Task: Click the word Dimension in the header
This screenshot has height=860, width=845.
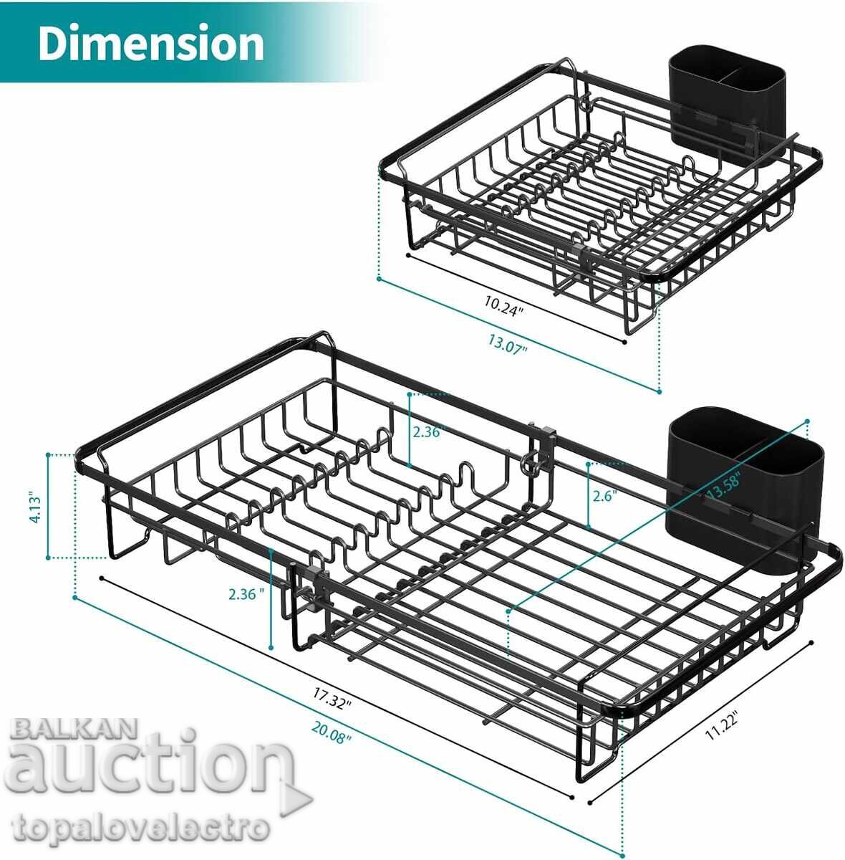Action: pyautogui.click(x=151, y=43)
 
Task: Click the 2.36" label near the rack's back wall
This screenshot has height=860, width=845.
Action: pyautogui.click(x=429, y=431)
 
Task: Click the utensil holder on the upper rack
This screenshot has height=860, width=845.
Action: pyautogui.click(x=726, y=107)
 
